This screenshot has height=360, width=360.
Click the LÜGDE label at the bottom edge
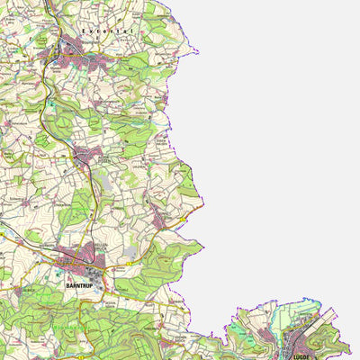301,355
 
